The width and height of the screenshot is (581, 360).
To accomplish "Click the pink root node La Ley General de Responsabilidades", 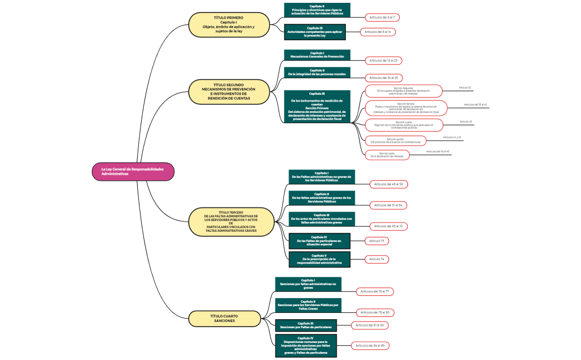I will pos(133,172).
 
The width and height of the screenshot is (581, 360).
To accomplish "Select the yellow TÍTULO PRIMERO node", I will pos(228,25).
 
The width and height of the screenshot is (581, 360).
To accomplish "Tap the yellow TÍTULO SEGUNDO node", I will pos(228,92).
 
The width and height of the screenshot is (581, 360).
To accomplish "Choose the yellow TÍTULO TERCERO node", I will pos(231,222).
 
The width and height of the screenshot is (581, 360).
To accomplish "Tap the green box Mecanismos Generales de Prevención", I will pos(317,55).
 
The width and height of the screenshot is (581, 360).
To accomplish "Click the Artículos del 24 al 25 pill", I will pos(384,78).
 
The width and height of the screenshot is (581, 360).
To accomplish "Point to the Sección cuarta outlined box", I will pos(403,124).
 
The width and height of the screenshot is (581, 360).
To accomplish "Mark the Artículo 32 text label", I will pos(465,88).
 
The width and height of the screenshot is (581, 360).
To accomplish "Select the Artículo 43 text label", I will pos(465,121).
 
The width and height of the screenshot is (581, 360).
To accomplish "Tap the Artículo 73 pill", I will pos(376,241).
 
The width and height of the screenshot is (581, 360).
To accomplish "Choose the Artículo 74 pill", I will pos(376,259).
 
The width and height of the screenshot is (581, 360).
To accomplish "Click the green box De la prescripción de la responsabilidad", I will pos(319,259).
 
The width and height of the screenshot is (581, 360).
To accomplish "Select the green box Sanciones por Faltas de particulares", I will pos(306,325).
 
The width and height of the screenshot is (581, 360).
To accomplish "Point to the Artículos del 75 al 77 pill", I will pos(375,291).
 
